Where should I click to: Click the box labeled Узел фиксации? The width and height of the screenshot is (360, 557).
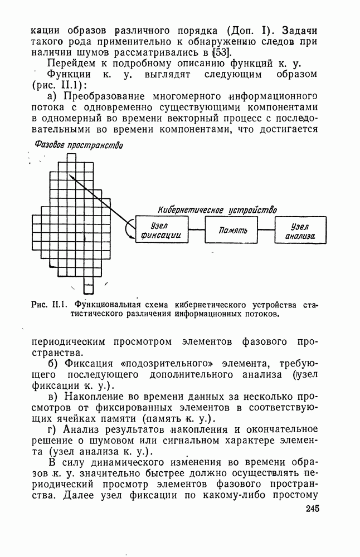pyautogui.click(x=162, y=230)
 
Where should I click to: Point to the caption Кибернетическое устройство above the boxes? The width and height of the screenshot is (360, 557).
pyautogui.click(x=218, y=210)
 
